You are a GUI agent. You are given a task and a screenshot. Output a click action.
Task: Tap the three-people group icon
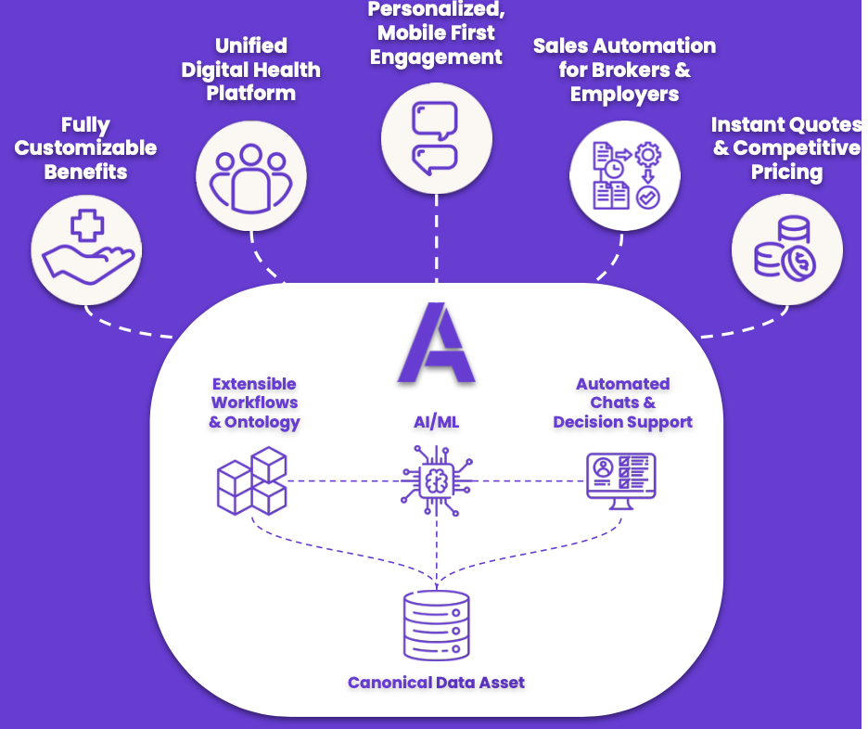251,175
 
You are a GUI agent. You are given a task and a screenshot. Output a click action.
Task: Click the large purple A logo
436,343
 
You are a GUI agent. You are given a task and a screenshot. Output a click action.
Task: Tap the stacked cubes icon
251,481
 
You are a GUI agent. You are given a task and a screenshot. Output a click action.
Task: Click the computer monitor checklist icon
621,478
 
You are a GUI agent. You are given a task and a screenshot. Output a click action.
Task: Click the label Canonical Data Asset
436,684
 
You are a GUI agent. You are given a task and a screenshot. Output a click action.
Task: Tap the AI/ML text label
436,423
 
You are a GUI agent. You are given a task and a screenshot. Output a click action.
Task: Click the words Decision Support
622,423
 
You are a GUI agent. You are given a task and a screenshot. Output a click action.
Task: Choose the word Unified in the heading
251,45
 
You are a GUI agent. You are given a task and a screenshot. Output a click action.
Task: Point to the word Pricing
787,173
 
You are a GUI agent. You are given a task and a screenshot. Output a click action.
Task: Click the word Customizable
86,148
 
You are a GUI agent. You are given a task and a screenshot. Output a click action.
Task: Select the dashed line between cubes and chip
343,481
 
